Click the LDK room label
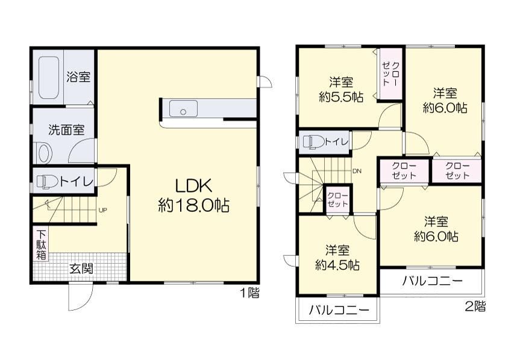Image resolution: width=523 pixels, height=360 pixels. point(193,186)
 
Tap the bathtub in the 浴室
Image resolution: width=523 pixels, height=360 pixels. point(49,77)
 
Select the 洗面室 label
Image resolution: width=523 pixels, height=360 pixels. point(66,129)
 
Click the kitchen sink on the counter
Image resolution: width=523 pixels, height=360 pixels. point(183,108)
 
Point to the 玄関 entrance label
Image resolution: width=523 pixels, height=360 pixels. point(81,268)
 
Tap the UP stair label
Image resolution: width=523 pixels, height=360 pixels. point(102,210)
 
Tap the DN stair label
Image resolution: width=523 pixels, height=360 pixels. point(357,172)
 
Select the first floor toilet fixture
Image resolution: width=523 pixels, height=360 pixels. point(47,182)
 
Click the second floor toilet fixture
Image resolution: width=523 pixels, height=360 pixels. point(313,141)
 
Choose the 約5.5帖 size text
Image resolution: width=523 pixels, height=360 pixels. point(341,97)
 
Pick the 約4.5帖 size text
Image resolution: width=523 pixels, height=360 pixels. point(337,265)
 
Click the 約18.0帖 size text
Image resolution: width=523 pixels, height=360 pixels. point(193,205)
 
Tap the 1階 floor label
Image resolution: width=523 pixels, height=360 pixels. point(250,293)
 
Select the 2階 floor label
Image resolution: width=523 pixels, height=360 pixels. point(475,306)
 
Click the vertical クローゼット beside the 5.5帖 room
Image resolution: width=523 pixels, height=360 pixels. point(390,74)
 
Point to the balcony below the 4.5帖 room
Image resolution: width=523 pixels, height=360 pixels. point(337,310)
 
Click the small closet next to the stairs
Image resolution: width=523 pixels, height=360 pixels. point(337,199)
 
